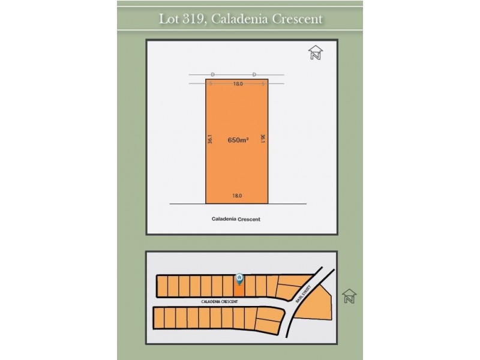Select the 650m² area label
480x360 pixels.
(x=238, y=140)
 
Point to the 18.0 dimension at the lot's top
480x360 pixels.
(x=238, y=84)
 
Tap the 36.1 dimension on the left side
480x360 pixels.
(x=211, y=139)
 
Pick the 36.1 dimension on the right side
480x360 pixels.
(x=263, y=139)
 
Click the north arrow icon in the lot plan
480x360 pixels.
(x=316, y=53)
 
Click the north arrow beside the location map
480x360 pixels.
(x=349, y=296)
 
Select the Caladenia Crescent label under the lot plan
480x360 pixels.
(x=236, y=220)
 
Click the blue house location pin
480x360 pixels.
(x=239, y=278)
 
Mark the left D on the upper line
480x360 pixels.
(x=213, y=74)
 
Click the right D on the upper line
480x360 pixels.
(x=254, y=74)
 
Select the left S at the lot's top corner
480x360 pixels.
(x=211, y=84)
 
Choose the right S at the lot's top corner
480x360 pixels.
(x=263, y=84)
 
